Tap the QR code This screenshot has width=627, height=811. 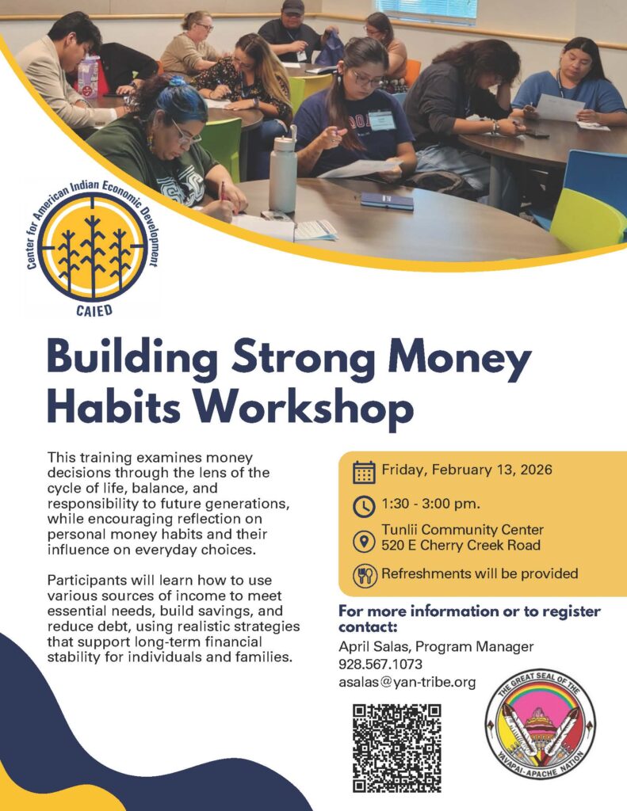[397, 748]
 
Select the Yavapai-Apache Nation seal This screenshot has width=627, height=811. [541, 723]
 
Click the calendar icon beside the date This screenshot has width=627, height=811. [364, 472]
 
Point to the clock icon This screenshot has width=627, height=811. [364, 506]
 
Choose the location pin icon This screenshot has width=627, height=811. [364, 541]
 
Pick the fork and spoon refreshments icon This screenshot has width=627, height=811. [364, 575]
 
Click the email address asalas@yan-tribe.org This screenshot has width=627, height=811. [407, 683]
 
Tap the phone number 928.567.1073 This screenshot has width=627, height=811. [380, 664]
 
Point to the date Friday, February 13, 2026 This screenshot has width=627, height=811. [467, 470]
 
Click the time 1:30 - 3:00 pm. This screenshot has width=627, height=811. [430, 504]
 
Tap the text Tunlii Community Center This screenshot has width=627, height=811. [462, 530]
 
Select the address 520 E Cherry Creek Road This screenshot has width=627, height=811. [461, 545]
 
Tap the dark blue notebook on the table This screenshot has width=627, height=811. [388, 201]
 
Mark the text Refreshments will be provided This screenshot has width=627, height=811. [480, 573]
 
